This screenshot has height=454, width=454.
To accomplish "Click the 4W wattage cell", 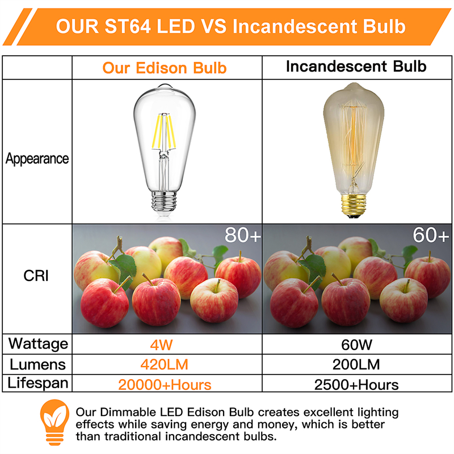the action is click(161, 344).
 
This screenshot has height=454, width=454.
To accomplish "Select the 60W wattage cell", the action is click(356, 344).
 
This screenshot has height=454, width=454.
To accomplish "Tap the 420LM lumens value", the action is click(164, 364).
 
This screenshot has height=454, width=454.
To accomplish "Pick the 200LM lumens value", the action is click(356, 364).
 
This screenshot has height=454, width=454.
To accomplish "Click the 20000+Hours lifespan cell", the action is click(165, 385).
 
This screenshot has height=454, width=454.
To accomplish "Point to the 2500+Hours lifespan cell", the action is click(356, 385).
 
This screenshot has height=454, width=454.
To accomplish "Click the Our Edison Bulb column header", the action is click(165, 68).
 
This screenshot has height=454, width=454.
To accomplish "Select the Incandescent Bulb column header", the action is click(356, 66).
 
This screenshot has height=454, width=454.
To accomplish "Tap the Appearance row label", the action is click(37, 159).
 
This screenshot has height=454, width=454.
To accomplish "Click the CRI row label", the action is click(36, 275).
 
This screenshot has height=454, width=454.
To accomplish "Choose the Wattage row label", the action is click(38, 344).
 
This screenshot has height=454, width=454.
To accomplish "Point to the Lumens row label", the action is click(37, 364).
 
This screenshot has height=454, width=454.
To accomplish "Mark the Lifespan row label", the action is click(38, 382).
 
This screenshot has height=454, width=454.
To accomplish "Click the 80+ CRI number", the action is click(243, 235).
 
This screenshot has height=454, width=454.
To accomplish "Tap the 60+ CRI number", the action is click(431, 235).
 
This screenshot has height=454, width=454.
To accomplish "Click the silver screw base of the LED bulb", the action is click(164, 202).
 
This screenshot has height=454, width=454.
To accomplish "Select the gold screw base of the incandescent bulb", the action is click(354, 205).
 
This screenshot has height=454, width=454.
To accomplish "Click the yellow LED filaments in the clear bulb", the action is click(164, 131).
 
